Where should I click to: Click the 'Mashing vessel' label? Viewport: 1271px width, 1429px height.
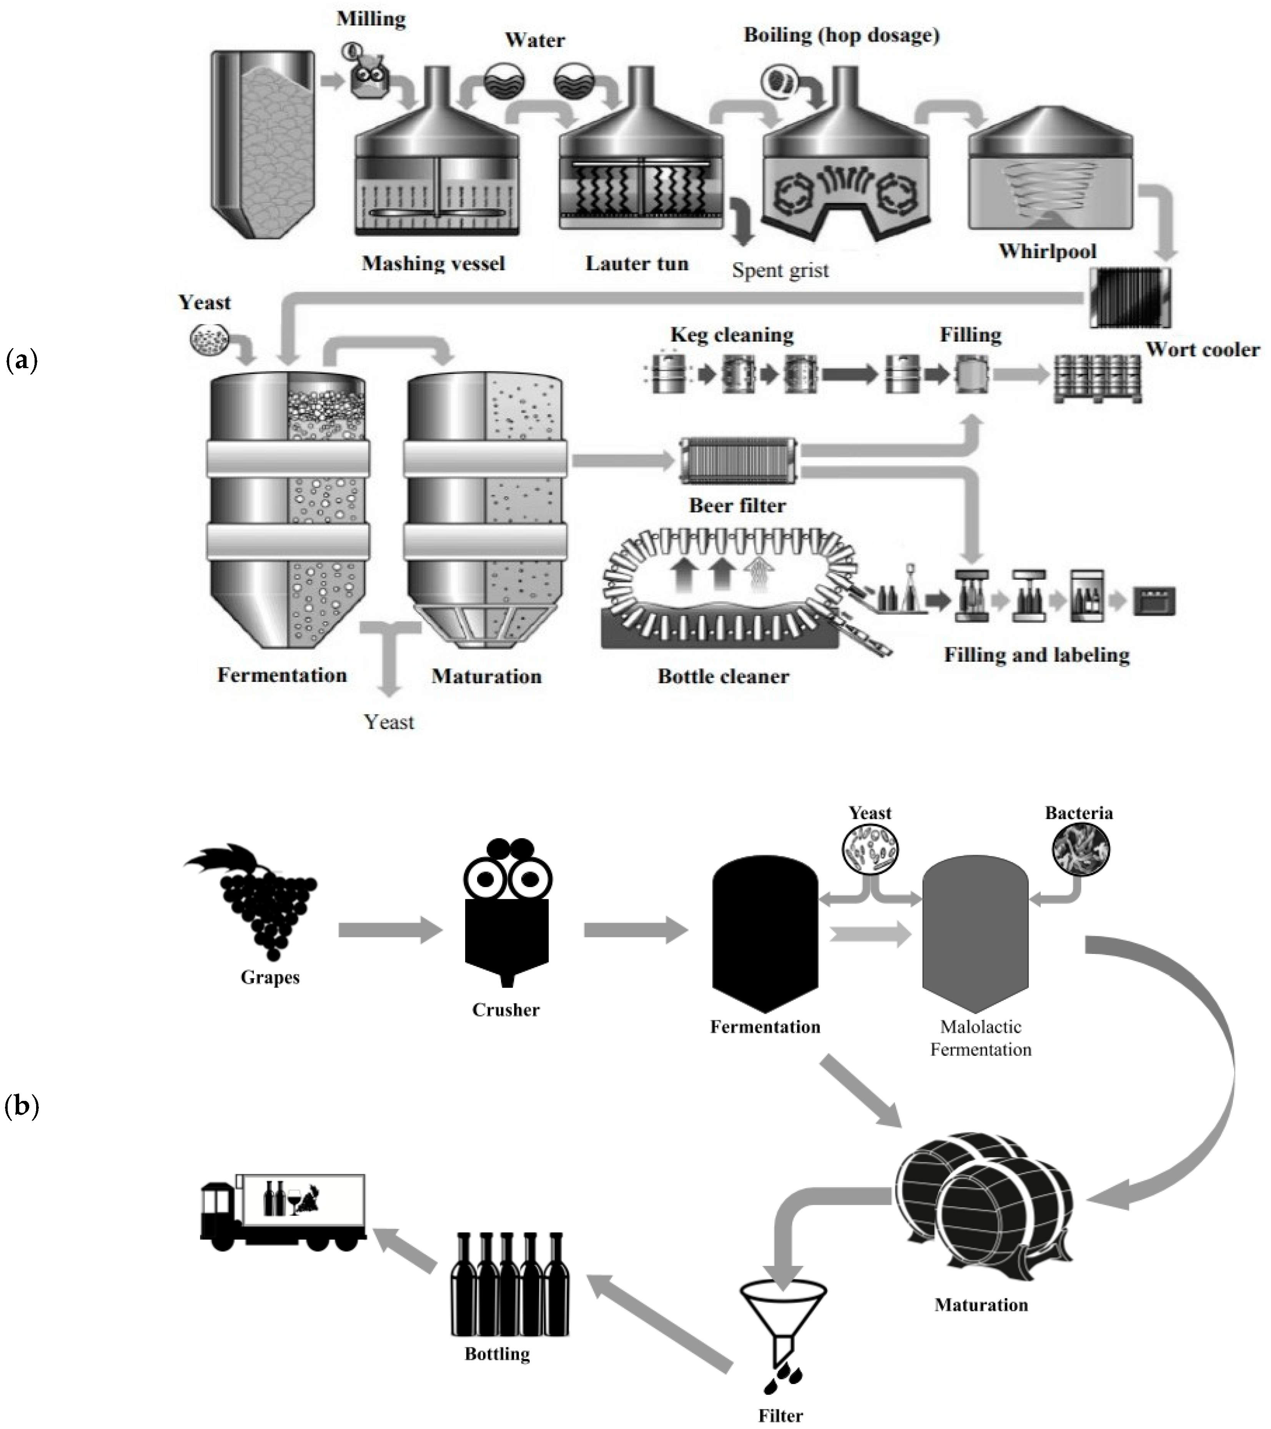coord(433,263)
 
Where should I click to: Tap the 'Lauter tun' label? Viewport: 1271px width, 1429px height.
coord(637,263)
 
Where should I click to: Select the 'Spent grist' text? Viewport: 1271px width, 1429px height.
coord(780,270)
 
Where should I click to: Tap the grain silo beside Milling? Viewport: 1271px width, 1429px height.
coord(263,143)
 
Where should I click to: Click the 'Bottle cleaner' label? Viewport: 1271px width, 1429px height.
coord(723,676)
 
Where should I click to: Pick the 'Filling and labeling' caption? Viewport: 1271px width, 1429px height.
coord(1036,655)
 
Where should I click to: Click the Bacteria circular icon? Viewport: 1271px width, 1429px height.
coord(1080,849)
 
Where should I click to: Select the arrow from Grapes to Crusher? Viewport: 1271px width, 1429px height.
coord(390,930)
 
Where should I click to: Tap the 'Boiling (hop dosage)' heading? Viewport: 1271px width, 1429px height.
coord(841,35)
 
